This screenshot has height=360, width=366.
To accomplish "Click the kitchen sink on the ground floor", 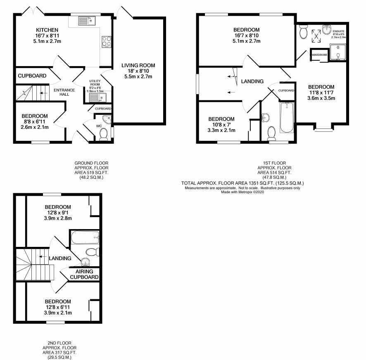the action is pyautogui.click(x=87, y=21).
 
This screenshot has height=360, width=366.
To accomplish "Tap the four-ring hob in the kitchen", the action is pyautogui.click(x=107, y=42).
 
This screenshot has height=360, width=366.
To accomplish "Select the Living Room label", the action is pyautogui.click(x=138, y=65).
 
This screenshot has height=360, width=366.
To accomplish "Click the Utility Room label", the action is pyautogui.click(x=95, y=83).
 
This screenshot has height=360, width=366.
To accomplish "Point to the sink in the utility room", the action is pyautogui.click(x=97, y=97).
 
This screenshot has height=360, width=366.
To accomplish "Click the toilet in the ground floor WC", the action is pyautogui.click(x=103, y=135).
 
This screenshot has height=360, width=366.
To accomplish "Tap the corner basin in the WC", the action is pyautogui.click(x=107, y=119).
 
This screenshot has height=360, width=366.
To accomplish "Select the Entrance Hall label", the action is pyautogui.click(x=64, y=92).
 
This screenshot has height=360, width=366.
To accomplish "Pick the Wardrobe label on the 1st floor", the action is pyautogui.click(x=319, y=55).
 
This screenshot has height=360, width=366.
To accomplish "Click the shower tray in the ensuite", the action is pyautogui.click(x=338, y=52).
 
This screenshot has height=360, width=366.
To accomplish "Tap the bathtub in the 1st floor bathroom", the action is pyautogui.click(x=287, y=117).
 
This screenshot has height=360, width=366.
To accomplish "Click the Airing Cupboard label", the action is pyautogui.click(x=84, y=274).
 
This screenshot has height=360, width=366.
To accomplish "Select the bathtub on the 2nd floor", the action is pyautogui.click(x=85, y=237).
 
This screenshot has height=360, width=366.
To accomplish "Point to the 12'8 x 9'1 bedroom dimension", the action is pyautogui.click(x=58, y=213).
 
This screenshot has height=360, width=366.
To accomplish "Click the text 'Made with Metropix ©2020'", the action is pyautogui.click(x=242, y=192).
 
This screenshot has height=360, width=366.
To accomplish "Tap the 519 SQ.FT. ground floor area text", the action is pyautogui.click(x=91, y=173).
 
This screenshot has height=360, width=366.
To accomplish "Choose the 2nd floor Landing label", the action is pyautogui.click(x=60, y=258).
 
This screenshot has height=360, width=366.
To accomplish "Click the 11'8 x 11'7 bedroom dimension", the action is pyautogui.click(x=321, y=92).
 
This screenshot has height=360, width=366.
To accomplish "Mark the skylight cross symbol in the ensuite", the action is pyautogui.click(x=316, y=36).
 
